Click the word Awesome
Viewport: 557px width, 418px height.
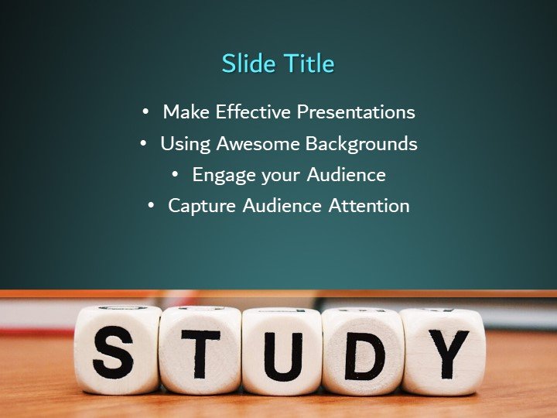258,144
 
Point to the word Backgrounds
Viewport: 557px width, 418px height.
361,144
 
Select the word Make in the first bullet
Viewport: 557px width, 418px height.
186,112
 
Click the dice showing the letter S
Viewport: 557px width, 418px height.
116,350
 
